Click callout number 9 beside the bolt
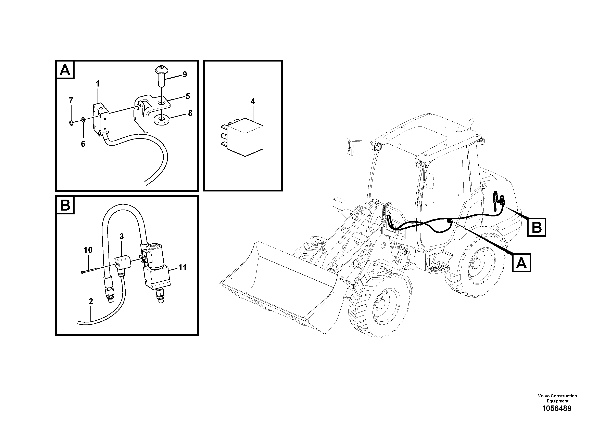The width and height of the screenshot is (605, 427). (x=185, y=75)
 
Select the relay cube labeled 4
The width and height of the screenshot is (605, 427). (x=245, y=137)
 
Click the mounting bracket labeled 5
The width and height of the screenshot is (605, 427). (x=148, y=111)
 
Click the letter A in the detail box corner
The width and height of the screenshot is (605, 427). (x=65, y=70)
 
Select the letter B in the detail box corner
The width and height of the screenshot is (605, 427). (x=65, y=205)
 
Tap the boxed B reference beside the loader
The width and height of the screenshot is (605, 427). (x=537, y=227)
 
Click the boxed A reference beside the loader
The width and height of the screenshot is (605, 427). (x=521, y=263)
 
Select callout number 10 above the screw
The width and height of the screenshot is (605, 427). (x=88, y=250)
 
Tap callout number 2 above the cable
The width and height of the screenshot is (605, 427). (x=91, y=302)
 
